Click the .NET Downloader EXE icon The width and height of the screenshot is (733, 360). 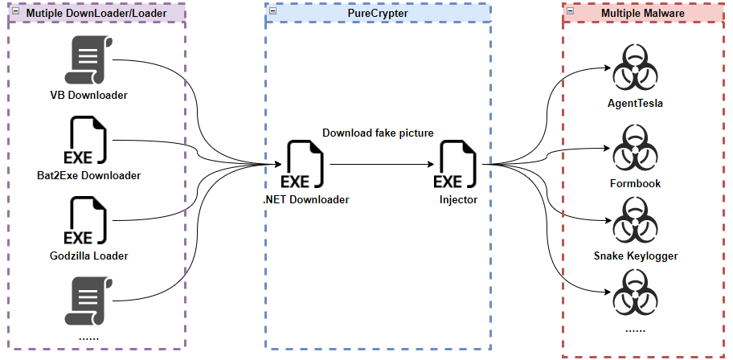pyautogui.click(x=305, y=166)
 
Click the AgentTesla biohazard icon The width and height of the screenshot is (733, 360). pyautogui.click(x=635, y=71)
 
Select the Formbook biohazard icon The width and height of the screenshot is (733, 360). pyautogui.click(x=635, y=150)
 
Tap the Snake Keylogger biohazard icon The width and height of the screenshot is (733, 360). pyautogui.click(x=635, y=222)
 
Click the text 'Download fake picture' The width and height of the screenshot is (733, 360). pyautogui.click(x=377, y=133)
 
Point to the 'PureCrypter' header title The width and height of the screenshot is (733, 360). pyautogui.click(x=377, y=14)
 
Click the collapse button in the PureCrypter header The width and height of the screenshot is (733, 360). pyautogui.click(x=272, y=11)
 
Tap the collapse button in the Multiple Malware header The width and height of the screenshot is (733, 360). pyautogui.click(x=570, y=11)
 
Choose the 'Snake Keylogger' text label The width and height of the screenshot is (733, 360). pyautogui.click(x=635, y=256)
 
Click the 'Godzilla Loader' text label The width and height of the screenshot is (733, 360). pyautogui.click(x=88, y=256)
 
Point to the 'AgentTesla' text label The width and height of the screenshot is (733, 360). pyautogui.click(x=635, y=104)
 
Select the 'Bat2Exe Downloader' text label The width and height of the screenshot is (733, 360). pyautogui.click(x=89, y=175)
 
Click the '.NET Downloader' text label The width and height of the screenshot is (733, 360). pyautogui.click(x=306, y=199)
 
